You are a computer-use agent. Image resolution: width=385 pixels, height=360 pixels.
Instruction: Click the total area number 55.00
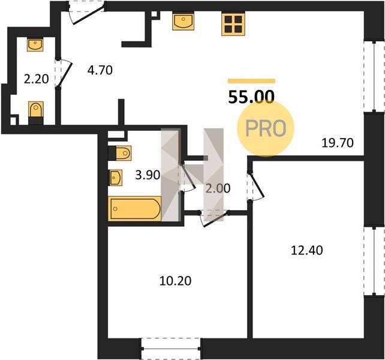[251, 97]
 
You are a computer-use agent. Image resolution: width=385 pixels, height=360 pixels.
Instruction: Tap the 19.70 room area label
[338, 143]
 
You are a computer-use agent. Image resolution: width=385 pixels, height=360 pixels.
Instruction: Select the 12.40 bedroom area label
[306, 250]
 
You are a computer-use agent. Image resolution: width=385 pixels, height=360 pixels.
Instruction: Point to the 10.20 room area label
[175, 281]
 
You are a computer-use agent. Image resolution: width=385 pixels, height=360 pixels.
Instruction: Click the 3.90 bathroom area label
[148, 175]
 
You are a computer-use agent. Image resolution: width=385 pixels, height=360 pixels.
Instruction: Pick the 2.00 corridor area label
[218, 188]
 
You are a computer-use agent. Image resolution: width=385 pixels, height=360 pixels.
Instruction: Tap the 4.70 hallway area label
[100, 70]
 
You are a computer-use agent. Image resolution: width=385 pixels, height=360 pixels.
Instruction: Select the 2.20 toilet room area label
[37, 79]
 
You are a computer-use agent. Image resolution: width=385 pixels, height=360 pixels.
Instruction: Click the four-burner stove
[233, 25]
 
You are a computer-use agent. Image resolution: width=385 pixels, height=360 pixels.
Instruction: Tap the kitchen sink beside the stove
[183, 22]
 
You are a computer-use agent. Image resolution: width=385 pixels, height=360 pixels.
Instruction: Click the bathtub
[134, 209]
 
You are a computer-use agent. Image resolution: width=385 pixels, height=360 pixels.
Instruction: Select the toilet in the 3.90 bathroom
[120, 153]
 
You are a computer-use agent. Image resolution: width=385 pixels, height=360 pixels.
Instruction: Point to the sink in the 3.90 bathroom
[116, 178]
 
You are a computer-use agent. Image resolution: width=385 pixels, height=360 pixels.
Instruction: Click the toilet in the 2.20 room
[36, 113]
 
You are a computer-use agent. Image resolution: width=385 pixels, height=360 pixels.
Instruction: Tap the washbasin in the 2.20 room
[35, 44]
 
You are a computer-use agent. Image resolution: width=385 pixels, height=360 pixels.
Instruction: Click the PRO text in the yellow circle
[266, 128]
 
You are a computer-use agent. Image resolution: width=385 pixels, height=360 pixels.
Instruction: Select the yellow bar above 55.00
[251, 81]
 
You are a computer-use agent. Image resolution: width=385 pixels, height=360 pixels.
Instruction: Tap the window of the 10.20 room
[171, 349]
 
